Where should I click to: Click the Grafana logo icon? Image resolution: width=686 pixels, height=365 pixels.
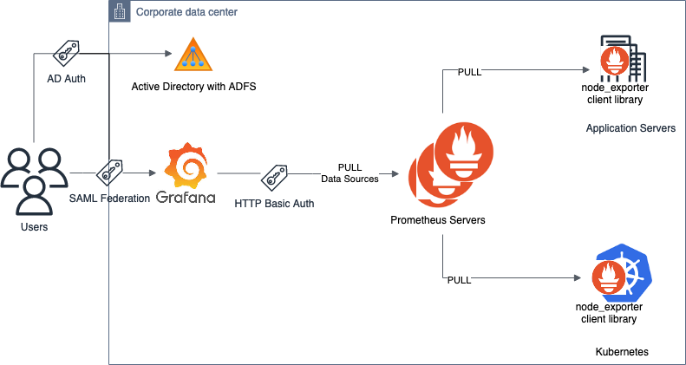coord(186,166)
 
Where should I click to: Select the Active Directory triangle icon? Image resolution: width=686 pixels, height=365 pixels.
coord(193,55)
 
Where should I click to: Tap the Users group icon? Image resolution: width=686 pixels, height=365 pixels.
coord(34,183)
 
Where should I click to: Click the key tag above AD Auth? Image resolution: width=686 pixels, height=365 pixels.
coord(67,54)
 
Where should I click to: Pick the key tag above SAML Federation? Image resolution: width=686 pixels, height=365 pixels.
coord(109,173)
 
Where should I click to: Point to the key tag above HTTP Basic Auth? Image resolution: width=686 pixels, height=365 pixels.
coord(274,176)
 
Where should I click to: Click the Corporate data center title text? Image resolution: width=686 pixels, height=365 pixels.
coord(186,12)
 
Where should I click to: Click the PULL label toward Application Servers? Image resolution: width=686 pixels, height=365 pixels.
coord(470,71)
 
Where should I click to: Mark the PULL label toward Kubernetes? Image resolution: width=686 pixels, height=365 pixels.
coord(460,280)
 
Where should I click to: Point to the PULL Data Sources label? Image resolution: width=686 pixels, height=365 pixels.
coord(350,173)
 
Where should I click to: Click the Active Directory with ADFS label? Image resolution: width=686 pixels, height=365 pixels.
coord(193,87)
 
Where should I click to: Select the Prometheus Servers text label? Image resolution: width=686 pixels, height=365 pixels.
coord(437,220)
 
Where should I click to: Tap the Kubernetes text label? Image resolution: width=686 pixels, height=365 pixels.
coord(622,352)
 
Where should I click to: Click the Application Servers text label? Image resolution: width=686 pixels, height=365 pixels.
coord(630,127)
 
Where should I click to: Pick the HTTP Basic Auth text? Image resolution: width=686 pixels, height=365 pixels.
coord(274,203)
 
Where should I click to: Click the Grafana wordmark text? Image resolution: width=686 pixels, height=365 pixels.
coord(186,197)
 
